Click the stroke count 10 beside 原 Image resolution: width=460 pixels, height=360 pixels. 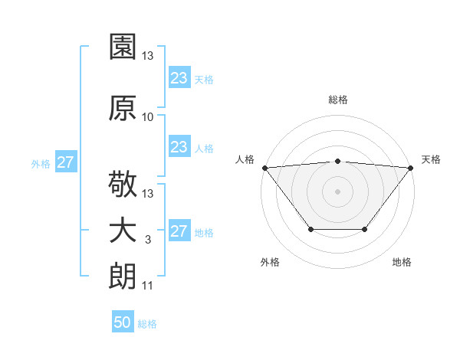[148, 117]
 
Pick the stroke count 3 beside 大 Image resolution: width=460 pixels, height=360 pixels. [148, 240]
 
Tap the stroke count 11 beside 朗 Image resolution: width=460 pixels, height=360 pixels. [148, 286]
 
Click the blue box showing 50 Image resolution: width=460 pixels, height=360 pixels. [123, 322]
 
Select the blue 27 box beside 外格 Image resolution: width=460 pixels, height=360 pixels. [65, 162]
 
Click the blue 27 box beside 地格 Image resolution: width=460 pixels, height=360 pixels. [179, 232]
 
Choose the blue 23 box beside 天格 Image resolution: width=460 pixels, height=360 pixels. [179, 78]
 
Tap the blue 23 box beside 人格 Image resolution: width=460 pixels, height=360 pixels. [179, 147]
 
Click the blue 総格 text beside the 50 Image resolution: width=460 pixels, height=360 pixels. [148, 324]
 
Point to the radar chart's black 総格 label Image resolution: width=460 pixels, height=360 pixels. [337, 100]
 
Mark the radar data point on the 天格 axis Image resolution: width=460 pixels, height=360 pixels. [411, 168]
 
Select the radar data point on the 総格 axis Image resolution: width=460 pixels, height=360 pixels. [337, 161]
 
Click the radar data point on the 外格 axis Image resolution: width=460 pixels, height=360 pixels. [310, 229]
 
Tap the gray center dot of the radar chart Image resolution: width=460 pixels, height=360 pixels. [337, 191]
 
